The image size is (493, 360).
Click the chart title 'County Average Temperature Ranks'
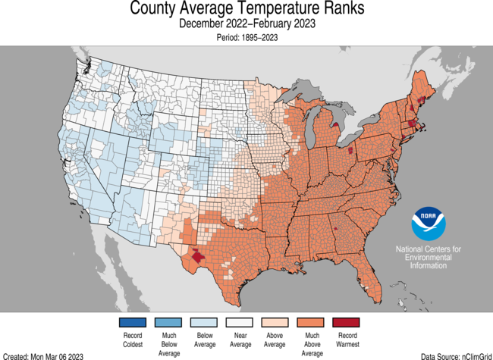point(246,9)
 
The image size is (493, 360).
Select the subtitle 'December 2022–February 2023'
point(246,23)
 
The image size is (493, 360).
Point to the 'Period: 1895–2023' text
point(246,36)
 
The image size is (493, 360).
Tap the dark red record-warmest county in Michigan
point(350,151)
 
